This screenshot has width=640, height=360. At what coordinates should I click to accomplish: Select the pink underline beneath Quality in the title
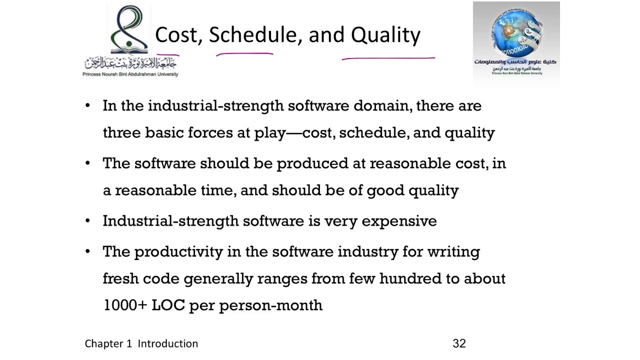pos(388,59)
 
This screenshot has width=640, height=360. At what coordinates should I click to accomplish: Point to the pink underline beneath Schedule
pos(244,54)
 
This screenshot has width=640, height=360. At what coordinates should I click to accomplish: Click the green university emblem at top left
pos(129,30)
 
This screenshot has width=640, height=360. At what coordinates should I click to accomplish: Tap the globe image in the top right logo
pos(515,32)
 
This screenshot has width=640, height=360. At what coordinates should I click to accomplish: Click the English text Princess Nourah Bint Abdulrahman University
pos(130,74)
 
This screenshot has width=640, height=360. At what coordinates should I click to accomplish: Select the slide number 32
pos(459,343)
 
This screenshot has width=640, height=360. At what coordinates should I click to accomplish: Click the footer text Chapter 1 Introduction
pos(141,343)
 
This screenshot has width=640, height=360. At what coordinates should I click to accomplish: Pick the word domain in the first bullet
pos(382,106)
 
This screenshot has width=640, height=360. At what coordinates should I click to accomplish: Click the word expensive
pos(399,221)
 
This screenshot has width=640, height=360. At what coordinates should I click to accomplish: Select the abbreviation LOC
pos(168,305)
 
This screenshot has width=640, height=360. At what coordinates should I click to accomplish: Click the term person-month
pos(270,305)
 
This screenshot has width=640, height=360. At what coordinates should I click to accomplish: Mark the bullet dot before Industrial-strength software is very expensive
pos(88,220)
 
